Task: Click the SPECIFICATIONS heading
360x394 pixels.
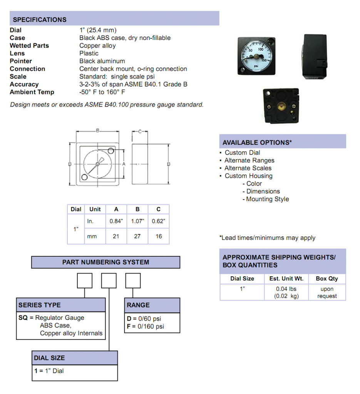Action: pos(40,20)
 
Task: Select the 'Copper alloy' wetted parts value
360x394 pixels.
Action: pos(97,45)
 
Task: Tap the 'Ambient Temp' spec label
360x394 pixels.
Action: pos(32,92)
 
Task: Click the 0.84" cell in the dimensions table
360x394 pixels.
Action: pos(116,221)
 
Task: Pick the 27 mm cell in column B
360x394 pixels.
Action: pos(137,236)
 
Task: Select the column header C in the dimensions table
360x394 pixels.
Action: pos(159,209)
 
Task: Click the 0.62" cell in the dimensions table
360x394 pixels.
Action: pos(159,221)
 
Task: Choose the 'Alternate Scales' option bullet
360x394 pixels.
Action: pos(248,168)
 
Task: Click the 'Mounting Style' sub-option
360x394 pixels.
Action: pos(268,199)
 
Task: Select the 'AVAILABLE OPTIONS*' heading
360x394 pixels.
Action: pos(257,142)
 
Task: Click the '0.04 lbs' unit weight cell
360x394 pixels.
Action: pos(286,289)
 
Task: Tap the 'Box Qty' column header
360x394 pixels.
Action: pos(327,279)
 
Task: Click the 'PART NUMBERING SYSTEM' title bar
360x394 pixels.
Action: pos(105,262)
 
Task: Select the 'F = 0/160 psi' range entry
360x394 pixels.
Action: pos(145,327)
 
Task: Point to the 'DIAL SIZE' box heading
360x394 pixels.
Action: pos(49,358)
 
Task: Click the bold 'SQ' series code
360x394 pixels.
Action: pos(23,318)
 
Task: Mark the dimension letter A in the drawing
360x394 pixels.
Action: pos(124,164)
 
